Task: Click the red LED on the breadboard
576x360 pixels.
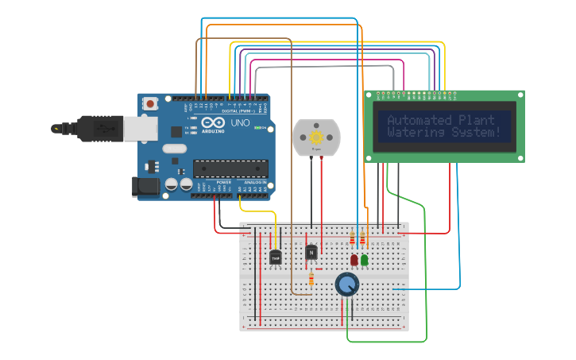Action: [x=354, y=259]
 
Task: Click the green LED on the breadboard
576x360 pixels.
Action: [x=364, y=259]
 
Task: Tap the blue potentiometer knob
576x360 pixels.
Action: [x=347, y=284]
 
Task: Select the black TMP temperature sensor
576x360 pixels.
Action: [x=276, y=257]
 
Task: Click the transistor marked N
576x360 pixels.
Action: [x=311, y=252]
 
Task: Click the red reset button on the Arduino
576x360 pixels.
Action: [x=150, y=103]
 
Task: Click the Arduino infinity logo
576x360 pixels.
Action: [x=214, y=124]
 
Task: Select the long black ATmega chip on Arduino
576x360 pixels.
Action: [x=230, y=168]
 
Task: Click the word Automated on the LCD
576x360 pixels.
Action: [x=419, y=121]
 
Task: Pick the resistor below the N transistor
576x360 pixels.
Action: [x=311, y=279]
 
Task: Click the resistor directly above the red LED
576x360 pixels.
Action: [x=353, y=238]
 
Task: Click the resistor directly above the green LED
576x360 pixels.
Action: [x=363, y=238]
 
